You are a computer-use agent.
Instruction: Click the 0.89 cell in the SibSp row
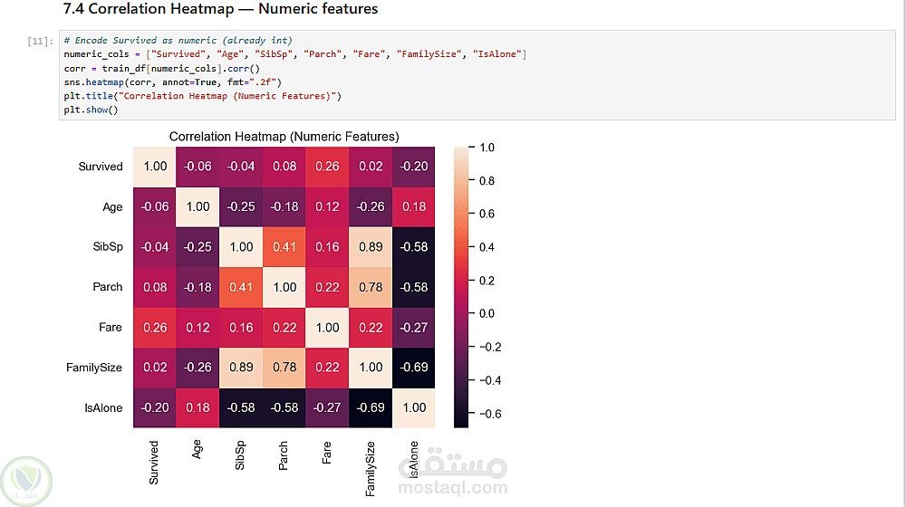pyautogui.click(x=371, y=247)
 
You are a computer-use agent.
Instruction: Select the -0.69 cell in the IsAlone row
pyautogui.click(x=371, y=408)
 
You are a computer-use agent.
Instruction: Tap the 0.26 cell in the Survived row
pyautogui.click(x=328, y=167)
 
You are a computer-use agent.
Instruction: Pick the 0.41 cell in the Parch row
pyautogui.click(x=241, y=287)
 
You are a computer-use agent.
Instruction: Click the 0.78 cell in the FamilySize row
pyautogui.click(x=284, y=368)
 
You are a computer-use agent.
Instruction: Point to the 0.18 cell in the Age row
pyautogui.click(x=414, y=207)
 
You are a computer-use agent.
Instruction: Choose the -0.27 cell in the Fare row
pyautogui.click(x=414, y=328)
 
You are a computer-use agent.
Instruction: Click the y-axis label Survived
pyautogui.click(x=100, y=167)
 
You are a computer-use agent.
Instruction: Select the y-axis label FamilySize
pyautogui.click(x=94, y=368)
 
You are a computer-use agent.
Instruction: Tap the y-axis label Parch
pyautogui.click(x=107, y=287)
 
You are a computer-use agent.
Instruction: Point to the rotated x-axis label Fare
pyautogui.click(x=327, y=452)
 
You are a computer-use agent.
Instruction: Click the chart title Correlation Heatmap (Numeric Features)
pyautogui.click(x=284, y=137)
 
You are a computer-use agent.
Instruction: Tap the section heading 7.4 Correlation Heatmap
pyautogui.click(x=220, y=10)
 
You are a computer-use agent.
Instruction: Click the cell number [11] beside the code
pyautogui.click(x=39, y=42)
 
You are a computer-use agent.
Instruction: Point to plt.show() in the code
pyautogui.click(x=91, y=110)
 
